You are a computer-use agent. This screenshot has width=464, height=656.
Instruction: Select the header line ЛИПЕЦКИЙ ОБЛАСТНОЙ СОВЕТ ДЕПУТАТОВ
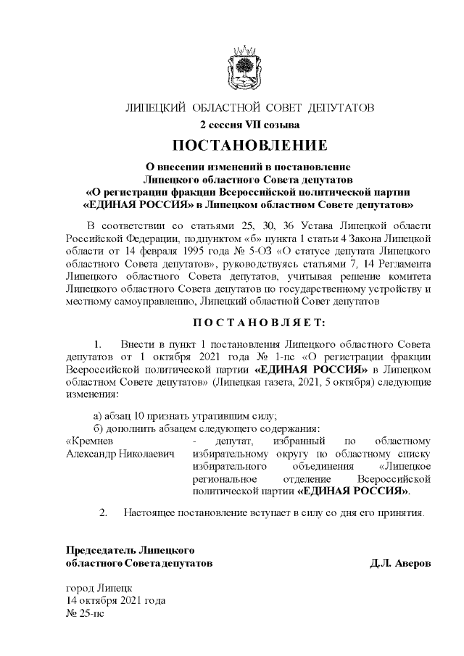249,109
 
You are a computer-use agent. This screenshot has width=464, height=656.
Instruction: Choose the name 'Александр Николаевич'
121,454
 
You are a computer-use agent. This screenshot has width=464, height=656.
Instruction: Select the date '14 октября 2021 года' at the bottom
115,601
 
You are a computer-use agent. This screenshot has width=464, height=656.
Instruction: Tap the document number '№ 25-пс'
85,613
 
